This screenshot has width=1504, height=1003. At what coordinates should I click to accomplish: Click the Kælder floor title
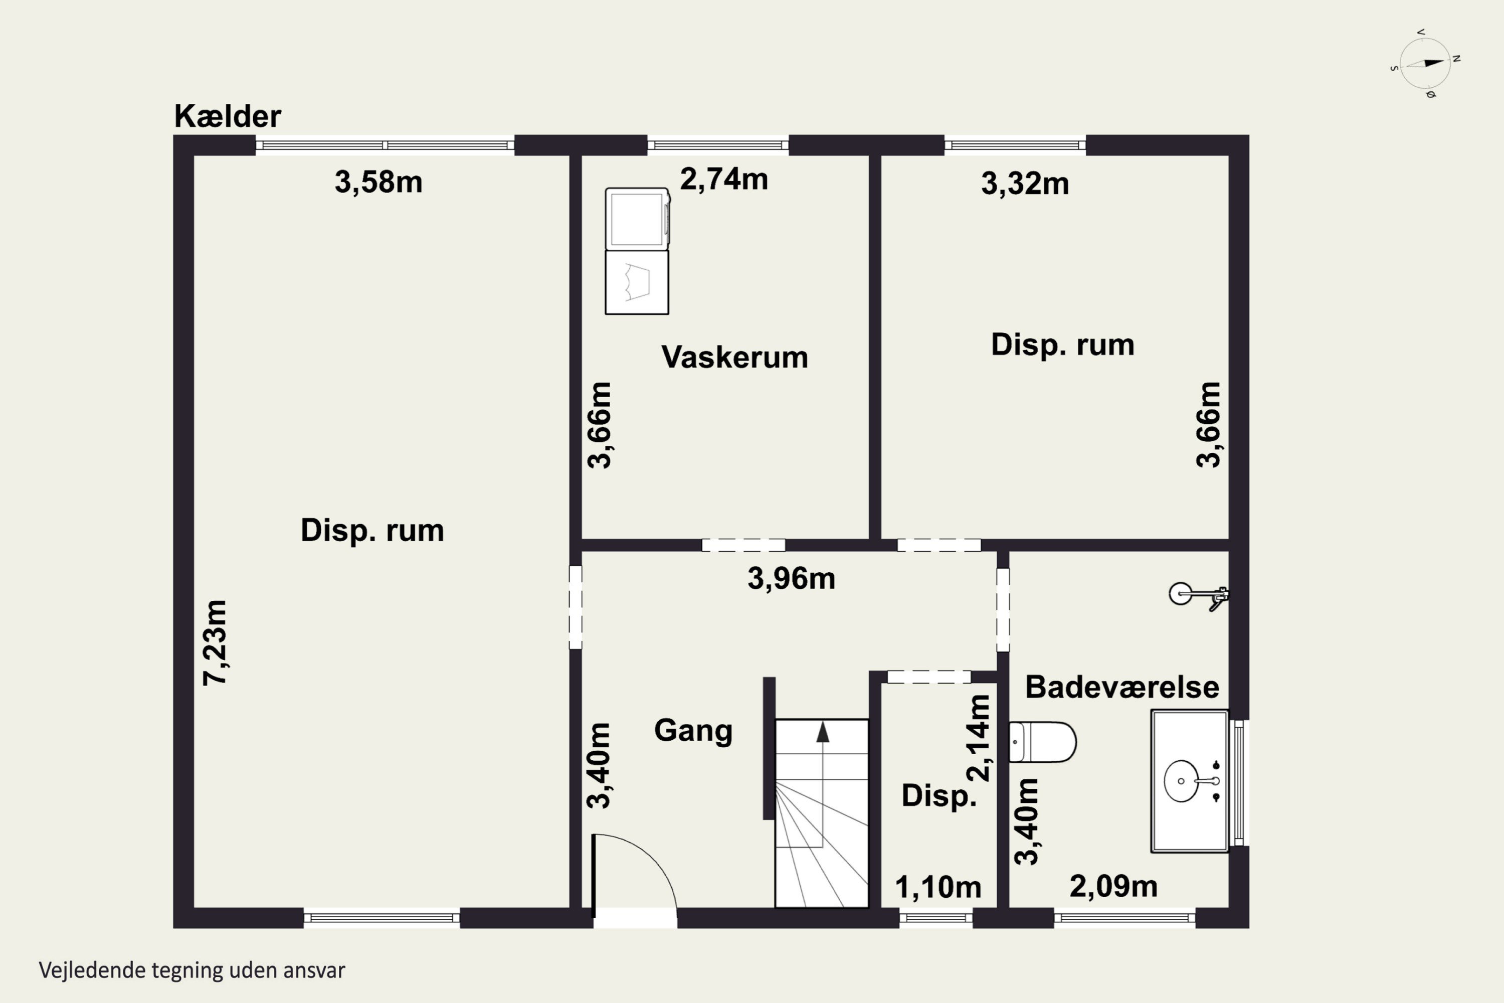(x=228, y=116)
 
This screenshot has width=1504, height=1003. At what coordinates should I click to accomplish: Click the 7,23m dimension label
(x=215, y=643)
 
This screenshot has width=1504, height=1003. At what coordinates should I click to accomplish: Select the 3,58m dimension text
(x=379, y=183)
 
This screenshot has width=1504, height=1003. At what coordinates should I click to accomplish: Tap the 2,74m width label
(x=724, y=179)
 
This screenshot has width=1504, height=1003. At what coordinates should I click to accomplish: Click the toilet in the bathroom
(x=1042, y=742)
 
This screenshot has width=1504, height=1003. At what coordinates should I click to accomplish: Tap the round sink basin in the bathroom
(x=1181, y=780)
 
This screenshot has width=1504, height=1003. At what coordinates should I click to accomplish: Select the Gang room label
(x=693, y=731)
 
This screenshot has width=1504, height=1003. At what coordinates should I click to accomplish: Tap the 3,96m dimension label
(x=792, y=579)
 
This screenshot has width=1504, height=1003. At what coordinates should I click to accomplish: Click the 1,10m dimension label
(x=938, y=887)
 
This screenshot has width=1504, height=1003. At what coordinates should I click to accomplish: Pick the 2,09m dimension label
(x=1113, y=887)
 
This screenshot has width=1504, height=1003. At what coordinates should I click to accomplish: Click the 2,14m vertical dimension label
(x=980, y=738)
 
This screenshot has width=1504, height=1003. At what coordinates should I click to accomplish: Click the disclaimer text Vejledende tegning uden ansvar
(x=192, y=970)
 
